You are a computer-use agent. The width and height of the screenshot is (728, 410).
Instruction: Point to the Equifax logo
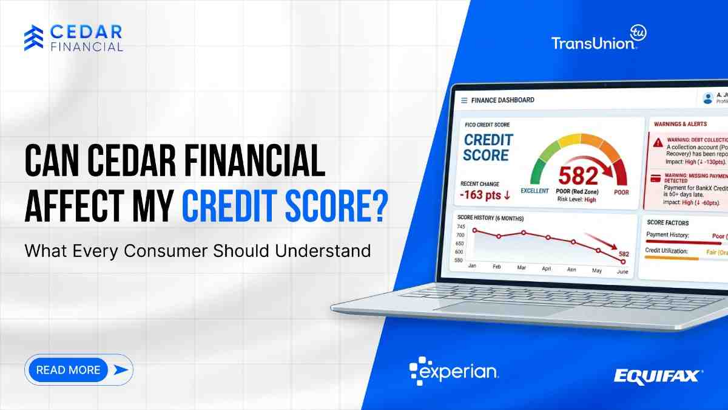click(658, 376)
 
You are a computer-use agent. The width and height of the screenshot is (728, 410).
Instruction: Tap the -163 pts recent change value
click(486, 195)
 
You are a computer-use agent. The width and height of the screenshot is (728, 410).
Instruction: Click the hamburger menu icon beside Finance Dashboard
click(465, 100)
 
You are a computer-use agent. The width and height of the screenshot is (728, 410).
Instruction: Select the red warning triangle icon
click(658, 142)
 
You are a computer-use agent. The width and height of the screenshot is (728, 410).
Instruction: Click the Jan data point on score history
click(475, 230)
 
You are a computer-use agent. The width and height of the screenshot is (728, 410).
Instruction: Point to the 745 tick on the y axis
click(459, 226)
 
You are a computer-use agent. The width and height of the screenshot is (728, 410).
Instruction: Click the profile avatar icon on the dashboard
click(707, 98)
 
